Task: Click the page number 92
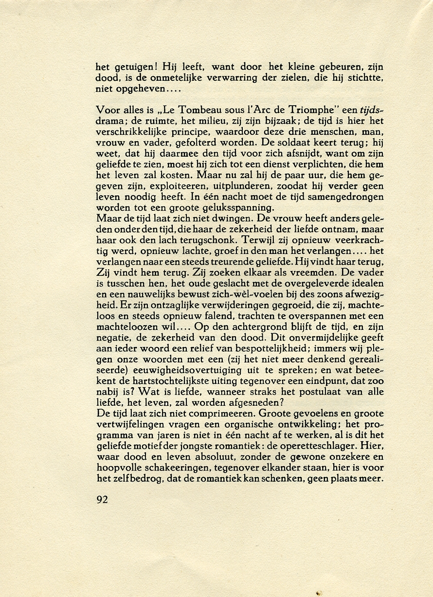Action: point(102,500)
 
